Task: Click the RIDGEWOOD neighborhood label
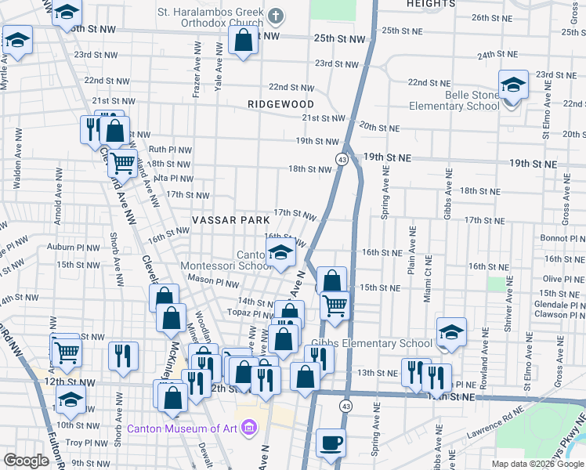(x=280, y=104)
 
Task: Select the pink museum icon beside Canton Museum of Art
(x=249, y=428)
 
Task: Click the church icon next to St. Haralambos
(x=276, y=14)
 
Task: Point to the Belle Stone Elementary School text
(x=467, y=100)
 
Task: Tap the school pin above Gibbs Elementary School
(x=451, y=333)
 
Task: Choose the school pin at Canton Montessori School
(x=280, y=253)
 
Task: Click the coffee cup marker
(x=331, y=443)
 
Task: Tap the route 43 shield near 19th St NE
(x=342, y=159)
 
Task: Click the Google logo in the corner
(x=26, y=461)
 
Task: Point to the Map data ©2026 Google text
(x=537, y=464)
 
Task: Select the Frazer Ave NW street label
(x=197, y=79)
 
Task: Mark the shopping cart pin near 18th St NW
(x=121, y=163)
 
